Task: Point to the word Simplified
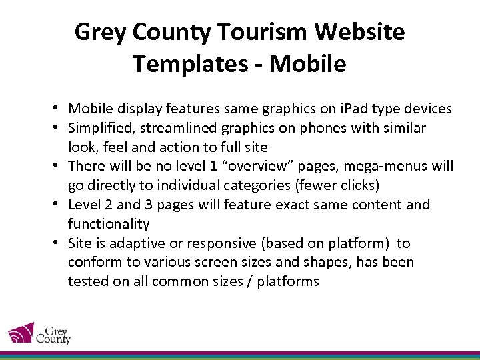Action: pyautogui.click(x=100, y=128)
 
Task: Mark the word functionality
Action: pyautogui.click(x=109, y=224)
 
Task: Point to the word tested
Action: pyautogui.click(x=87, y=281)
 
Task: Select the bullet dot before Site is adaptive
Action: pyautogui.click(x=59, y=243)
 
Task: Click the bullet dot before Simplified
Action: pyautogui.click(x=59, y=128)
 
